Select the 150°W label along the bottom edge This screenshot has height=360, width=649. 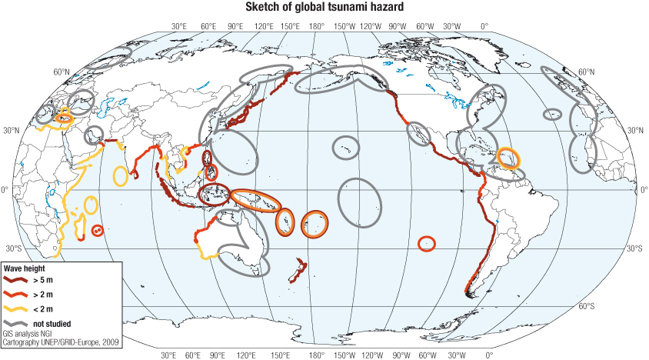click(344, 355)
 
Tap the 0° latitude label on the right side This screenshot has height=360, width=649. click(642, 189)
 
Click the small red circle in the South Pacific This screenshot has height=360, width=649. click(427, 243)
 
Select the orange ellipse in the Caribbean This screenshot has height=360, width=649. click(508, 158)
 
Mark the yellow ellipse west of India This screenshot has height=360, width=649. click(120, 175)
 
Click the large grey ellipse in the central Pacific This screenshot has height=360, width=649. click(358, 202)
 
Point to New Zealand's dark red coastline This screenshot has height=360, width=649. click(296, 271)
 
